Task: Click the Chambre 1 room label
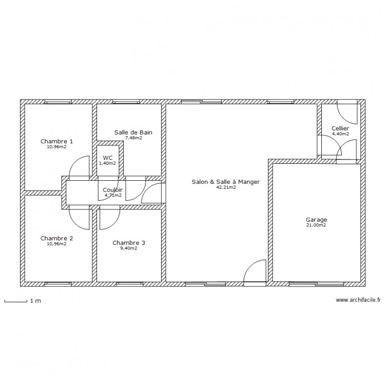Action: tap(56, 141)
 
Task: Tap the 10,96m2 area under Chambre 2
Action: tap(56, 244)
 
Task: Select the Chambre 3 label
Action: tap(129, 243)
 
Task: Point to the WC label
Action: tap(108, 158)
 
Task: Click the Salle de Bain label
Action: tap(133, 132)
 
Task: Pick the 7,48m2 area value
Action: tap(133, 138)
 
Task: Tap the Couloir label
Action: tap(112, 190)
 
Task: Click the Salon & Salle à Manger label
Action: tap(226, 182)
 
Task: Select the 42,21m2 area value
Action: tap(226, 187)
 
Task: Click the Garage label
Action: tap(316, 220)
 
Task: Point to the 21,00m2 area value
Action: tap(316, 225)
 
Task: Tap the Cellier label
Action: tap(340, 128)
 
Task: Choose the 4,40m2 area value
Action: tap(340, 134)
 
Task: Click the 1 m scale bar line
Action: tap(16, 301)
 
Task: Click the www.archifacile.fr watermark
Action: tap(358, 300)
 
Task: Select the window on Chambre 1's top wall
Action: tap(58, 102)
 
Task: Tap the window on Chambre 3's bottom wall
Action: tap(130, 284)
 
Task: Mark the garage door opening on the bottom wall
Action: tap(317, 284)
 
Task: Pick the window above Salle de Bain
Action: tap(126, 102)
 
